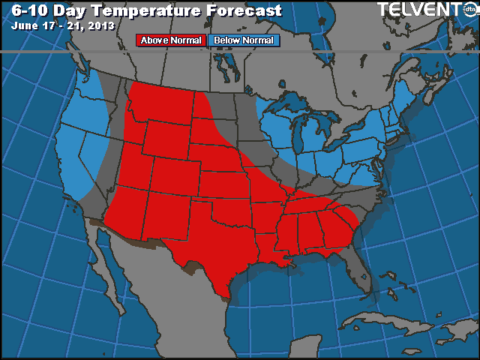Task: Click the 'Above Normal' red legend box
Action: (x=170, y=40)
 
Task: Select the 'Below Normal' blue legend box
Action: (x=242, y=40)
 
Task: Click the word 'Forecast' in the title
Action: (x=241, y=10)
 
